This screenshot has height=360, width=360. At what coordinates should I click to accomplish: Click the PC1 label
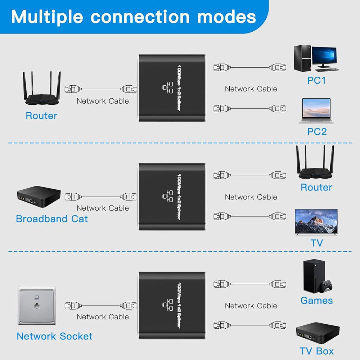coord(316,80)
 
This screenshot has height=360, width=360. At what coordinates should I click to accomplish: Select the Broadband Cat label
coord(52,219)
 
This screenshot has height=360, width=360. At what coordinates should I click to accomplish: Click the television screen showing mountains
coord(316,222)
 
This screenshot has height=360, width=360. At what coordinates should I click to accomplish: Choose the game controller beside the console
coord(327,287)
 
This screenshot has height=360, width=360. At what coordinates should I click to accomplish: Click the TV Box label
coord(316,351)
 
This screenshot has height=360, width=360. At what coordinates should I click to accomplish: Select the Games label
coord(316,300)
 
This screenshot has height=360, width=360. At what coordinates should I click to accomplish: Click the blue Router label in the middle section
coord(316,187)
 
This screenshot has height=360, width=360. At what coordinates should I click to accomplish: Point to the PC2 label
coord(317,131)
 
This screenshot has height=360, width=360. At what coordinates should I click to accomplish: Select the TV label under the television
coord(316,243)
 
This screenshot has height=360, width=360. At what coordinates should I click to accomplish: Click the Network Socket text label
coord(54,336)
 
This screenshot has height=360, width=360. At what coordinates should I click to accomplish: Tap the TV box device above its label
coord(317,332)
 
